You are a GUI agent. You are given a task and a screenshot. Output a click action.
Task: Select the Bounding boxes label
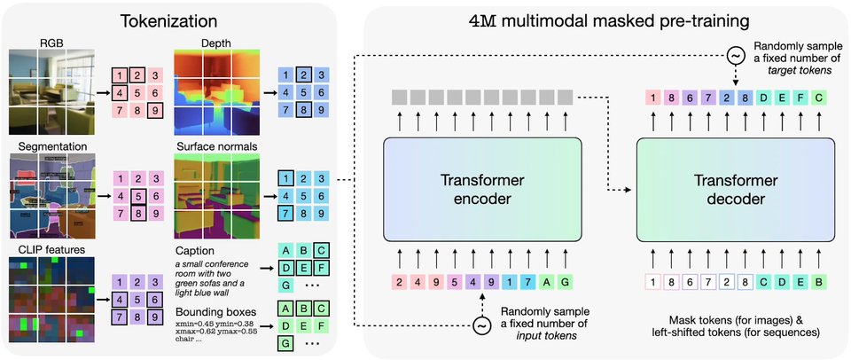(x=216, y=312)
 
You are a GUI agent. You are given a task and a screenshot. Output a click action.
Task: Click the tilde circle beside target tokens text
(x=735, y=56)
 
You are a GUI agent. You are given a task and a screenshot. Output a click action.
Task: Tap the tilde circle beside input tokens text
(x=482, y=325)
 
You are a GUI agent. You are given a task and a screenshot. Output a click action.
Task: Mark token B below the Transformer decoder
(x=820, y=284)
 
